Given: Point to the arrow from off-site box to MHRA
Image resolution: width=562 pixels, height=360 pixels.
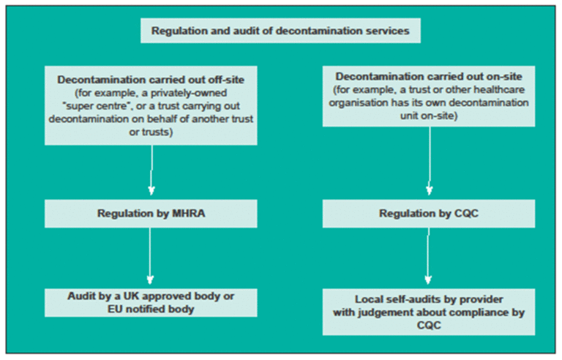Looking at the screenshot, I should (151, 171).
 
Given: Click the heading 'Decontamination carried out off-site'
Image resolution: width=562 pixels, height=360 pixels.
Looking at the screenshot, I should (151, 77).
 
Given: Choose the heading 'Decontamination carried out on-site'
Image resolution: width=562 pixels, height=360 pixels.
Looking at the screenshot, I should (429, 77).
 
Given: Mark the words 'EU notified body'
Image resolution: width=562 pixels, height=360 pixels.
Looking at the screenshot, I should (151, 310).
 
